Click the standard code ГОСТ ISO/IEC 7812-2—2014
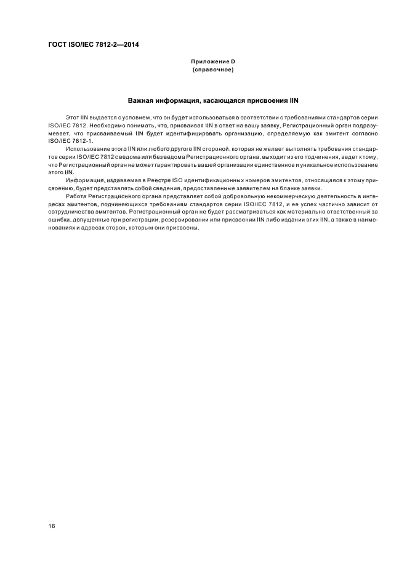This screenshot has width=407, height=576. point(93,44)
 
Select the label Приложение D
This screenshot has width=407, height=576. point(212,62)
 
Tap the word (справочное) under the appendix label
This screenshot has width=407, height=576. point(212,70)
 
